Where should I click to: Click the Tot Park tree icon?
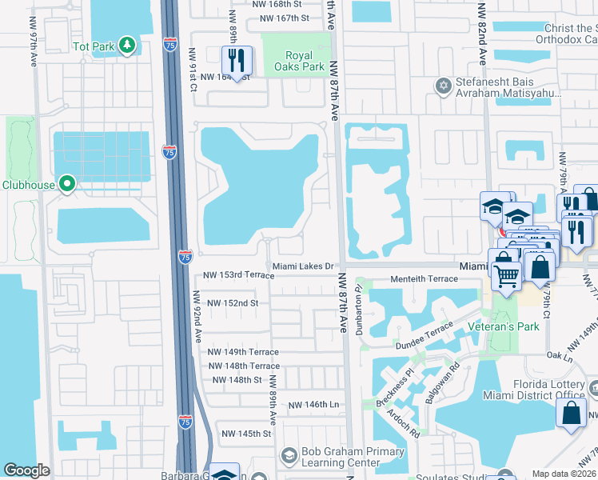tap(126, 46)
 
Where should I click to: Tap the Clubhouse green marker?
tap(67, 185)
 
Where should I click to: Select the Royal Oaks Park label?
tap(305, 61)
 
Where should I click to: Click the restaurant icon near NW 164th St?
tap(237, 60)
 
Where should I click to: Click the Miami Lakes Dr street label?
tap(307, 266)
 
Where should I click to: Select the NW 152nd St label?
tap(233, 303)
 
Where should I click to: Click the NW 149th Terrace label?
tap(243, 352)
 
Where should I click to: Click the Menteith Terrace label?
tap(424, 279)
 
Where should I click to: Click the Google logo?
tap(26, 470)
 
